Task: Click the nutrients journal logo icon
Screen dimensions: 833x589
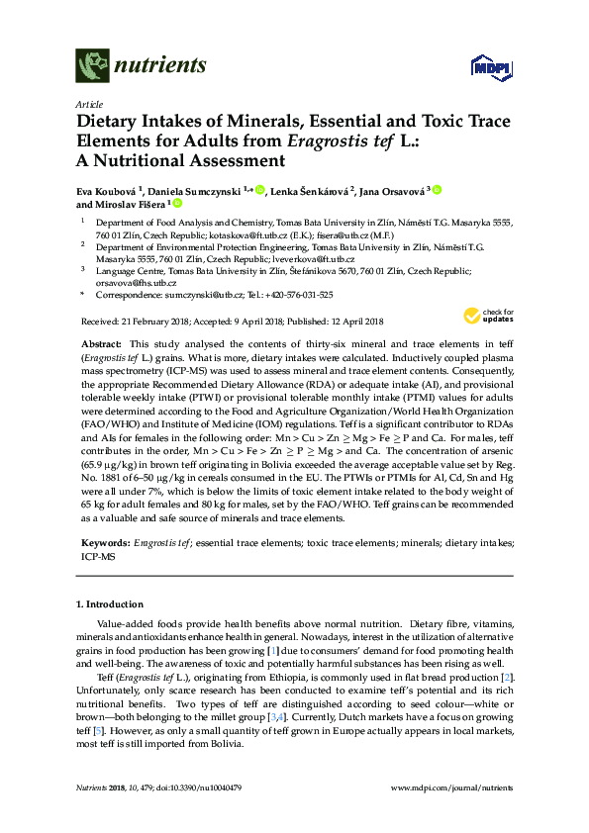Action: pyautogui.click(x=93, y=65)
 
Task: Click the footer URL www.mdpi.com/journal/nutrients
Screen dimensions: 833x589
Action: pyautogui.click(x=452, y=787)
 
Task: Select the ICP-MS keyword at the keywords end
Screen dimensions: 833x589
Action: pyautogui.click(x=98, y=557)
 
